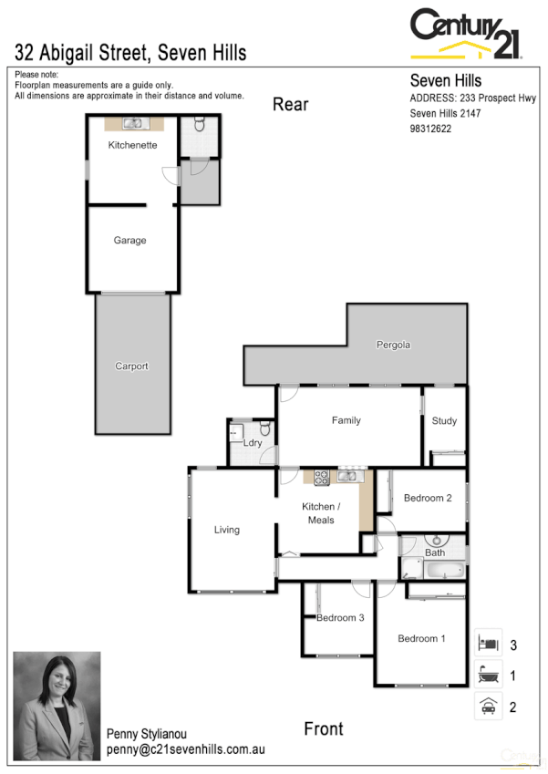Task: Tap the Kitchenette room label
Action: (132, 145)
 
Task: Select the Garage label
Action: (129, 241)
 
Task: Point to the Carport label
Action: (131, 366)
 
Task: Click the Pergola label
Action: (394, 346)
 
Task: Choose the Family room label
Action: (346, 420)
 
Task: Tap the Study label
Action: (444, 421)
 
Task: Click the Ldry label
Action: (253, 443)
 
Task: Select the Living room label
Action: (227, 530)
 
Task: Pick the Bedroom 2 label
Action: (428, 498)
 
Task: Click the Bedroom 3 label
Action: (340, 618)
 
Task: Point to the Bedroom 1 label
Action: (421, 639)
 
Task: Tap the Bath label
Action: (435, 552)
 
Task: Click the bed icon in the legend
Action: (488, 644)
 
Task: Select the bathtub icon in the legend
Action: (488, 676)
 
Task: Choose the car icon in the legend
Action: (488, 707)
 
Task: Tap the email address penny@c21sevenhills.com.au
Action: (185, 749)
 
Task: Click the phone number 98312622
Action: (431, 129)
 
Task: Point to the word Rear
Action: (291, 104)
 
